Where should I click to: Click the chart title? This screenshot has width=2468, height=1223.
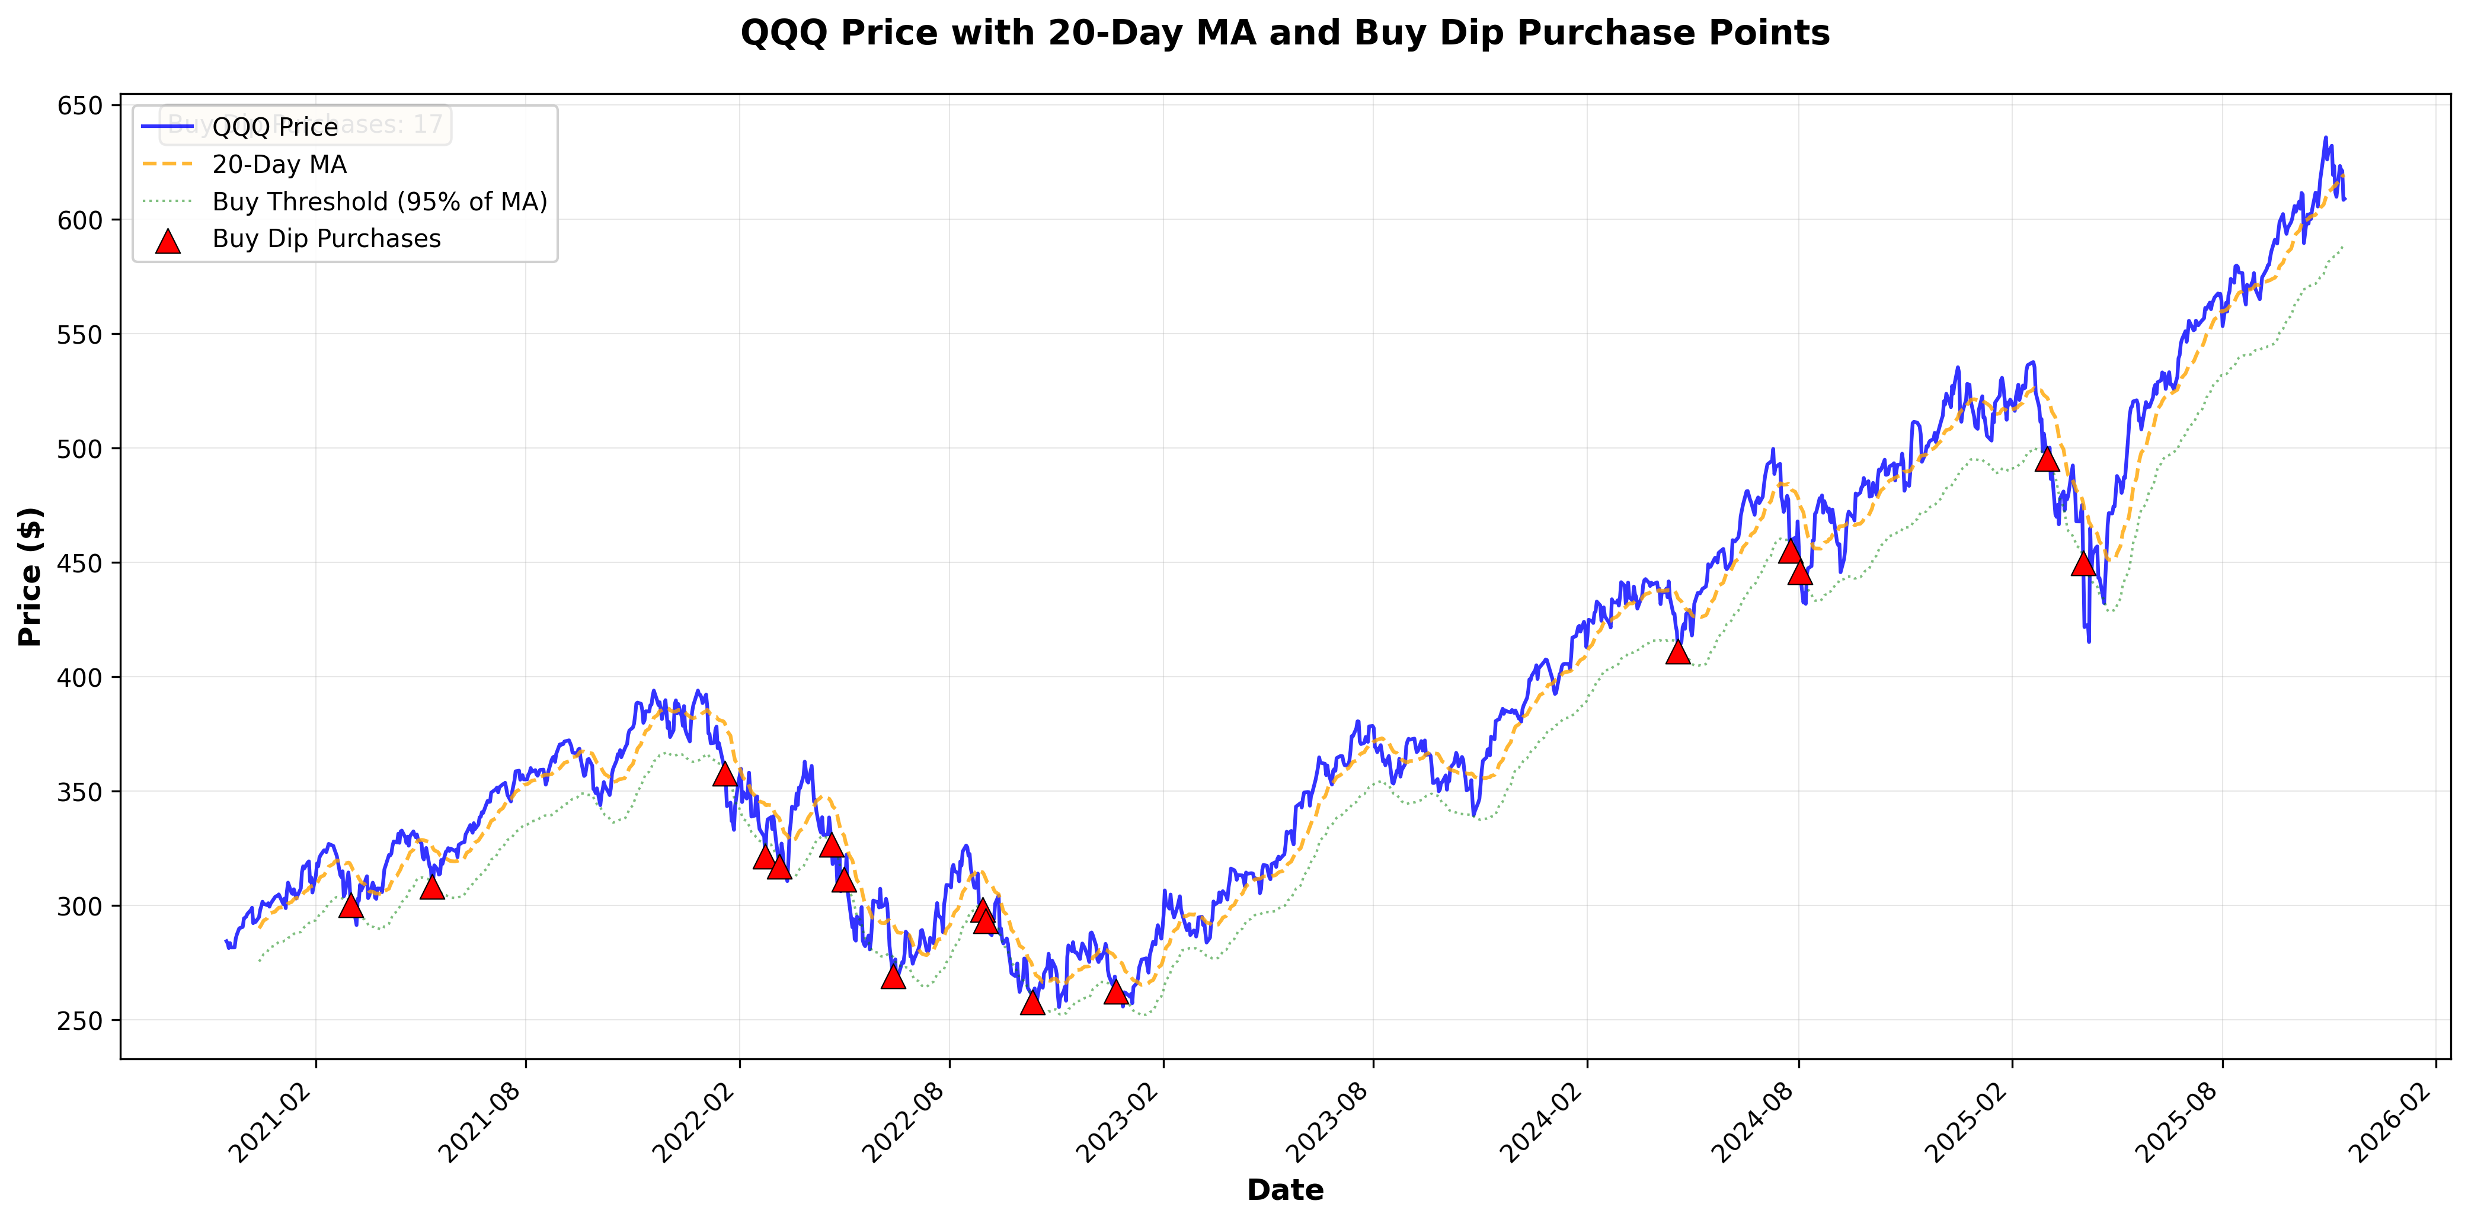click(1285, 34)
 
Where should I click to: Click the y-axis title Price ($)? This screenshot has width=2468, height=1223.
click(31, 577)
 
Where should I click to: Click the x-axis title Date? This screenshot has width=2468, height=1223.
click(1285, 1189)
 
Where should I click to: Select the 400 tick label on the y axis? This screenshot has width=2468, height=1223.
click(81, 677)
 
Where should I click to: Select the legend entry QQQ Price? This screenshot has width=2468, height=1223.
click(275, 126)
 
